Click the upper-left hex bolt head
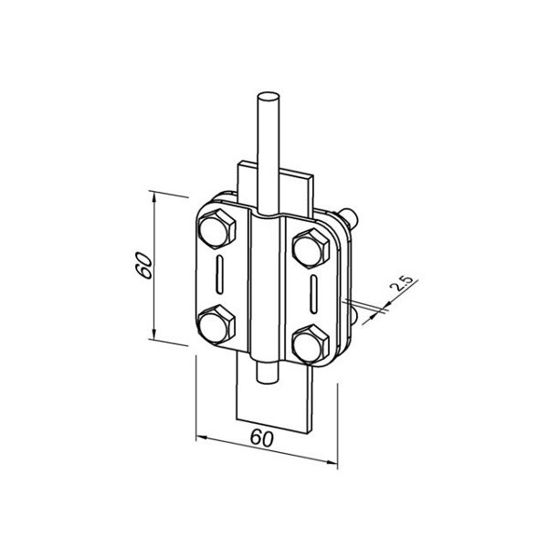216,229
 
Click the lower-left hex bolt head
216,324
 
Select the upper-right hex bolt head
311,248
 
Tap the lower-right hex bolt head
311,344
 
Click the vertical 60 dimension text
144,265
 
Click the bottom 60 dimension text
262,438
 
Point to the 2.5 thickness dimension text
402,283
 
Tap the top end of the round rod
268,98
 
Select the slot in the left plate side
220,275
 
